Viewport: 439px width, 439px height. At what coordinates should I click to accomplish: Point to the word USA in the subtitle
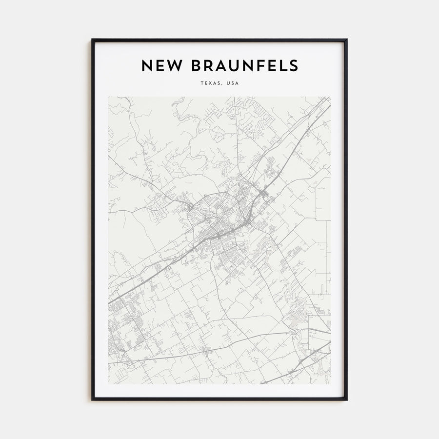[232, 83]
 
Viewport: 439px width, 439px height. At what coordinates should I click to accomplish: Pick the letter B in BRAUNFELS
[191, 65]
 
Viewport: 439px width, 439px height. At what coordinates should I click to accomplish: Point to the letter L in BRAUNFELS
[282, 65]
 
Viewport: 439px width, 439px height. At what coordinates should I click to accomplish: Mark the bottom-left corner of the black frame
[92, 399]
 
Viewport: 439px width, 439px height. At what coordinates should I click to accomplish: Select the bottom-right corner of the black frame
[346, 399]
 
